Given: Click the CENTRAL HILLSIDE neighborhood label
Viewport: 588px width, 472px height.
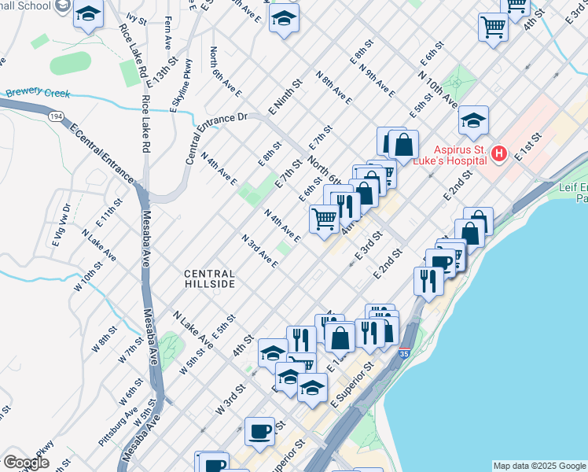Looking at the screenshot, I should tap(209, 278).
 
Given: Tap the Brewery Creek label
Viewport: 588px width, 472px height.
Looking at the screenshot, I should tap(38, 93).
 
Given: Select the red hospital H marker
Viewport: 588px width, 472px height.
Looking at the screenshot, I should tap(497, 155).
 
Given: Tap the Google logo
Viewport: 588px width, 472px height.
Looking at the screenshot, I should tap(27, 463).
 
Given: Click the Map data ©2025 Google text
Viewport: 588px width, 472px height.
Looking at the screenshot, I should tap(539, 466).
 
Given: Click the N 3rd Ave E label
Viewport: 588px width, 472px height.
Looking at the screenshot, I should tap(259, 250).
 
